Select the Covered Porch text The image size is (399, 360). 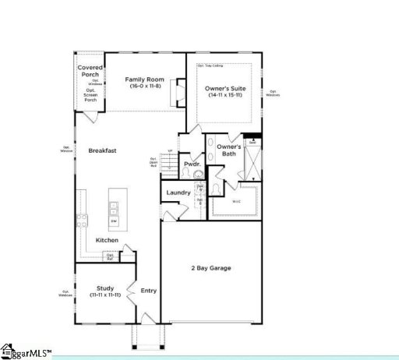(90, 72)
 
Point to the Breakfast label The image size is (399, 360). (102, 150)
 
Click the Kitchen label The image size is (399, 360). (107, 240)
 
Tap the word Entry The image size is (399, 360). (148, 291)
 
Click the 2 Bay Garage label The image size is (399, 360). (210, 268)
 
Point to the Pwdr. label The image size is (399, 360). (192, 164)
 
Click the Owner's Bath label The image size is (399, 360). (228, 150)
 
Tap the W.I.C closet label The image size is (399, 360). (237, 202)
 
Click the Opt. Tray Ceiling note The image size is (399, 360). (210, 65)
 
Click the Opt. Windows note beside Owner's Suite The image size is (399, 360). (273, 93)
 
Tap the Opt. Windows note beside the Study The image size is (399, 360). (66, 294)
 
